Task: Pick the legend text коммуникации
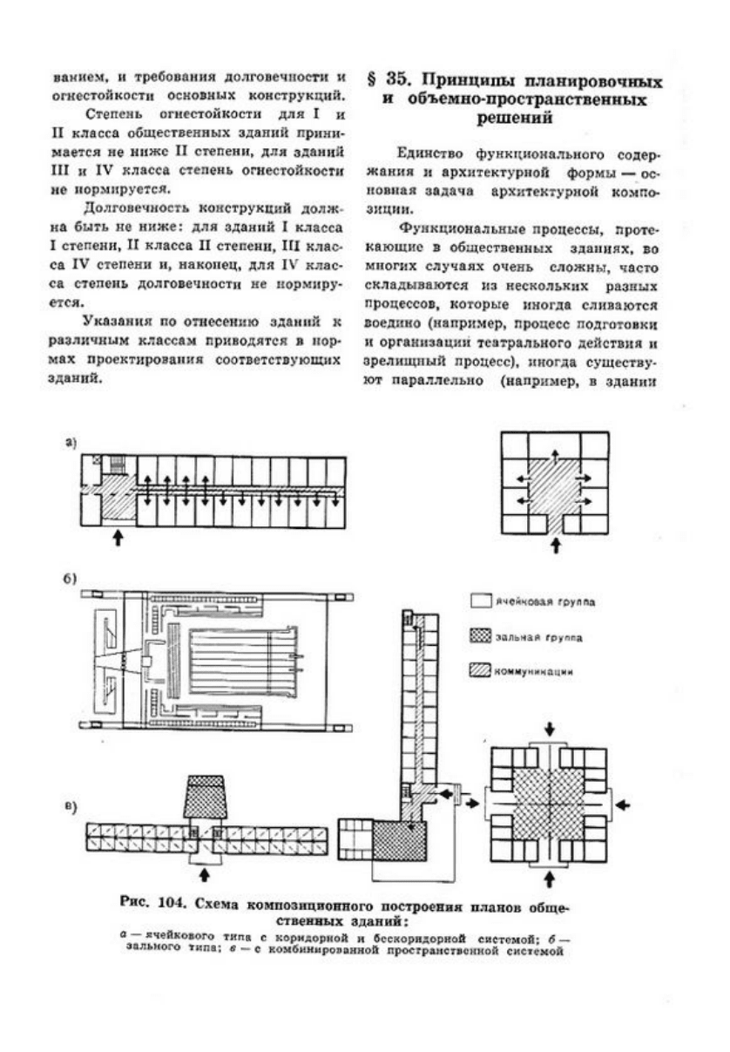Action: (x=533, y=673)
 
